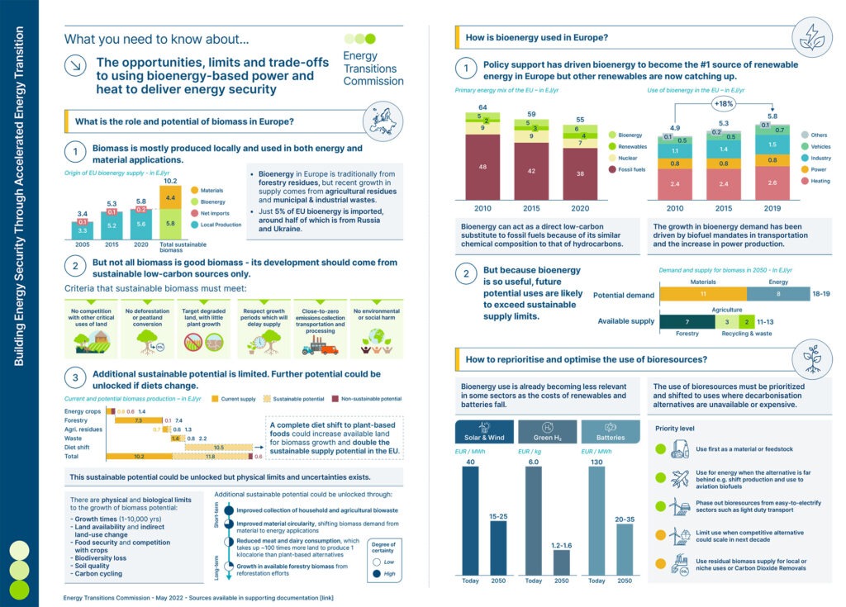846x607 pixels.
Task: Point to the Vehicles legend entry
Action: tap(816, 146)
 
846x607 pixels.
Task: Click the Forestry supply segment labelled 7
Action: tap(687, 321)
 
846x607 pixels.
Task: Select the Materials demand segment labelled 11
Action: tap(703, 293)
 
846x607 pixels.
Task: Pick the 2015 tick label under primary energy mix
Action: tap(531, 209)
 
